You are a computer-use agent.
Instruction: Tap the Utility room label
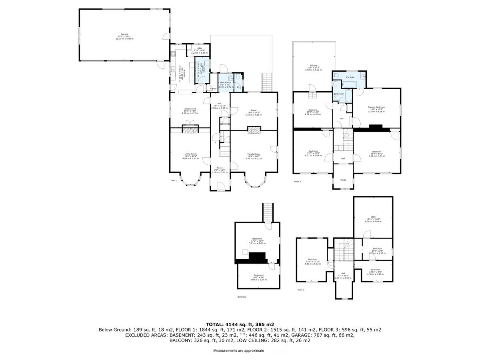tap(199, 48)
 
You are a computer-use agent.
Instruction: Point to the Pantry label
tap(213, 88)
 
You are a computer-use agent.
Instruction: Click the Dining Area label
tap(190, 109)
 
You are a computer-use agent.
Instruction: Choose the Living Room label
tap(190, 154)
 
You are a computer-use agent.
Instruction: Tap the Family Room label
tap(254, 154)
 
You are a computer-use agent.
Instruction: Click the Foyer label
tap(220, 168)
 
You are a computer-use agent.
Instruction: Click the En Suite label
tap(350, 77)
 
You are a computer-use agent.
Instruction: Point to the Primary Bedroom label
tap(376, 107)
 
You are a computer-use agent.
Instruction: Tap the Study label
tap(343, 180)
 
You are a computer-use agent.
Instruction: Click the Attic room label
tap(373, 217)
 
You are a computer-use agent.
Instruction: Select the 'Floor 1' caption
tap(174, 181)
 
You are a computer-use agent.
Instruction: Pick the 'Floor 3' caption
tap(300, 290)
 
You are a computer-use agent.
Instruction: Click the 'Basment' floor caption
tap(242, 297)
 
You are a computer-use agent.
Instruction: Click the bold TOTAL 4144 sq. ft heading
tap(240, 324)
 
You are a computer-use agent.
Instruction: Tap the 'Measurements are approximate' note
tap(238, 350)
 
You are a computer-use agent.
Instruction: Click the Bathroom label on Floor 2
tap(339, 94)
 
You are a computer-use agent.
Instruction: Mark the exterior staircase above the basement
tap(267, 212)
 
